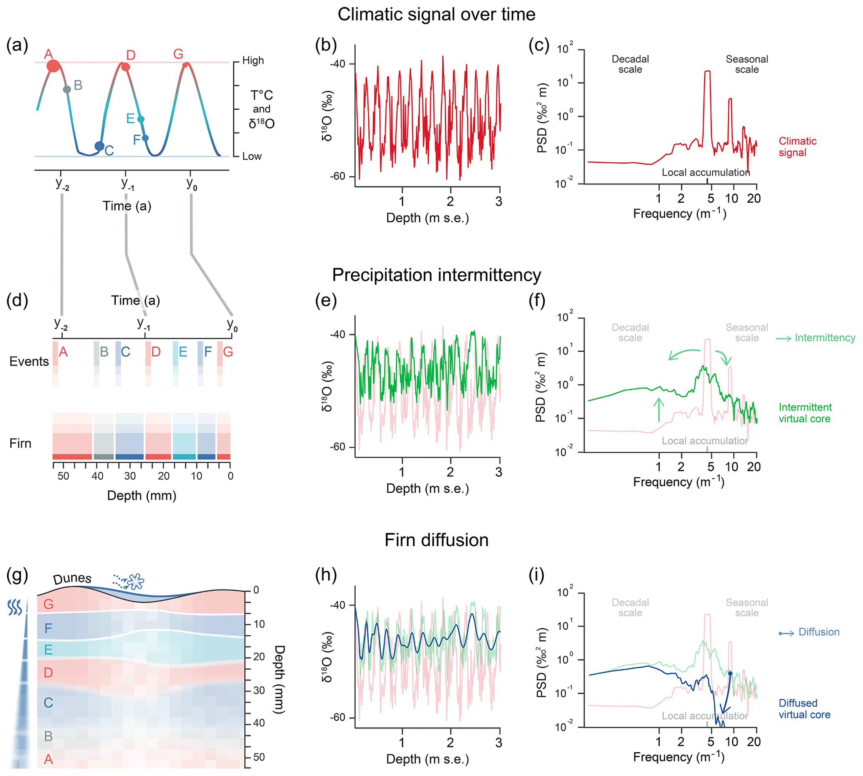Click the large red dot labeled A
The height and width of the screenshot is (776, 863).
point(53,66)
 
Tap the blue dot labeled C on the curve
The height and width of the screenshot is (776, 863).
point(99,146)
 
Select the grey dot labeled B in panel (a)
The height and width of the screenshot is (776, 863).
point(67,90)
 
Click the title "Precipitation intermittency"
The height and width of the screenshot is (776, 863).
point(436,275)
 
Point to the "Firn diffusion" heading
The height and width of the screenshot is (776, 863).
point(436,540)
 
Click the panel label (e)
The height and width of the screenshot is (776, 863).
point(326,300)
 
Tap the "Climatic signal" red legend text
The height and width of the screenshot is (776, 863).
point(797,147)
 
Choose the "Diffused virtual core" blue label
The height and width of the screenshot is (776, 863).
point(804,709)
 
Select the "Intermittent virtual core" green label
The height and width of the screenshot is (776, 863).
point(804,413)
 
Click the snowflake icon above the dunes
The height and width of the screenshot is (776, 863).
point(136,581)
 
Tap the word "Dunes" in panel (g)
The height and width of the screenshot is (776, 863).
point(72,578)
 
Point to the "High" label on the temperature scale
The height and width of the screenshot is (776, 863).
point(253,60)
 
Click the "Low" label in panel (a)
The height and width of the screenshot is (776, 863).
point(252,156)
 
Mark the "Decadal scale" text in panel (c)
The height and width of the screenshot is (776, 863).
point(630,64)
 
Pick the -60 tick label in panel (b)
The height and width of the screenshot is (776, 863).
point(338,176)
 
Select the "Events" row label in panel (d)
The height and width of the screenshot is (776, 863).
point(29,362)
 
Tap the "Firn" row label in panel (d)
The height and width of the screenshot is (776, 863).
point(20,443)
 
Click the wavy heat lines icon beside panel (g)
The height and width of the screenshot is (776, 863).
point(15,607)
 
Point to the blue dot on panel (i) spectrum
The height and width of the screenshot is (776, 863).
point(730,673)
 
